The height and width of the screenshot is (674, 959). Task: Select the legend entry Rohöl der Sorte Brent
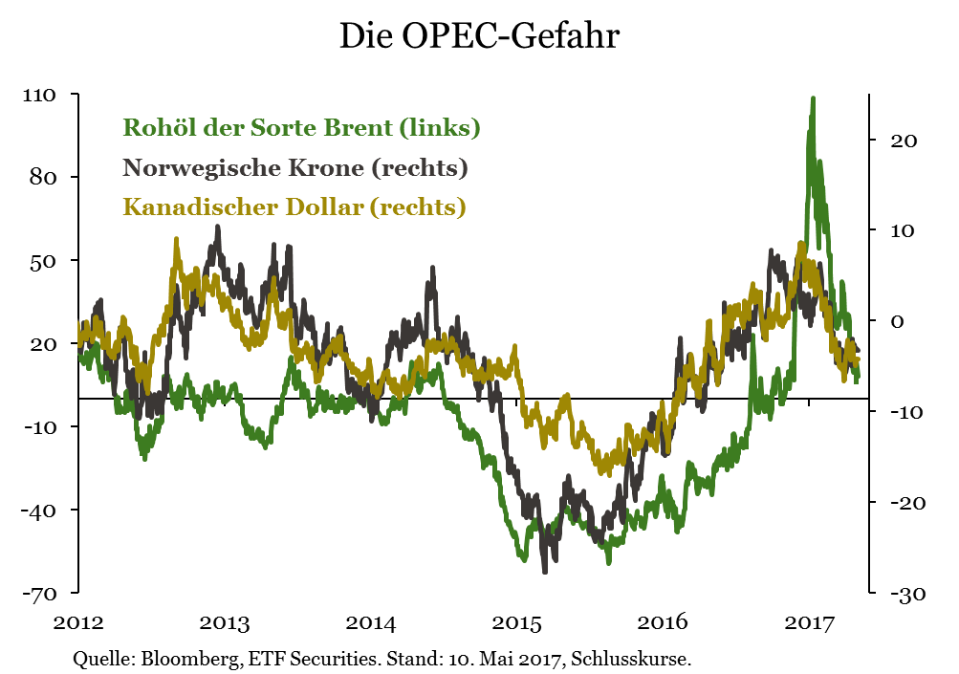pyautogui.click(x=301, y=127)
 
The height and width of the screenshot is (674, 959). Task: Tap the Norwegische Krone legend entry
pyautogui.click(x=294, y=168)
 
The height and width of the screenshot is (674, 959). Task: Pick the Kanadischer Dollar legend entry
pyautogui.click(x=294, y=207)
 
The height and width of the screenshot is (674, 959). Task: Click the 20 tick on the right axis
pyautogui.click(x=904, y=141)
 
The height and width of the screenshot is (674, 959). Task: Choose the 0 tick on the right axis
pyautogui.click(x=897, y=321)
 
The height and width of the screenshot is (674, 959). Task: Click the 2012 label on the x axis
pyautogui.click(x=77, y=624)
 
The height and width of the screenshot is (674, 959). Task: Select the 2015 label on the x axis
pyautogui.click(x=517, y=624)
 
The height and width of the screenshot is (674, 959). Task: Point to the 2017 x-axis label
pyautogui.click(x=809, y=624)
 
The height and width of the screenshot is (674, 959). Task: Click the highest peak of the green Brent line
pyautogui.click(x=813, y=98)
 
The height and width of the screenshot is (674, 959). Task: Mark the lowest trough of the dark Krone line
pyautogui.click(x=545, y=571)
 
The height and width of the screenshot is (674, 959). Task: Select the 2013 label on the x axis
pyautogui.click(x=225, y=624)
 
